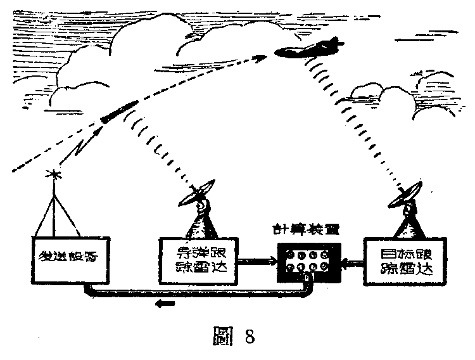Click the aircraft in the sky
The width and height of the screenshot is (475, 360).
point(308,48)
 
